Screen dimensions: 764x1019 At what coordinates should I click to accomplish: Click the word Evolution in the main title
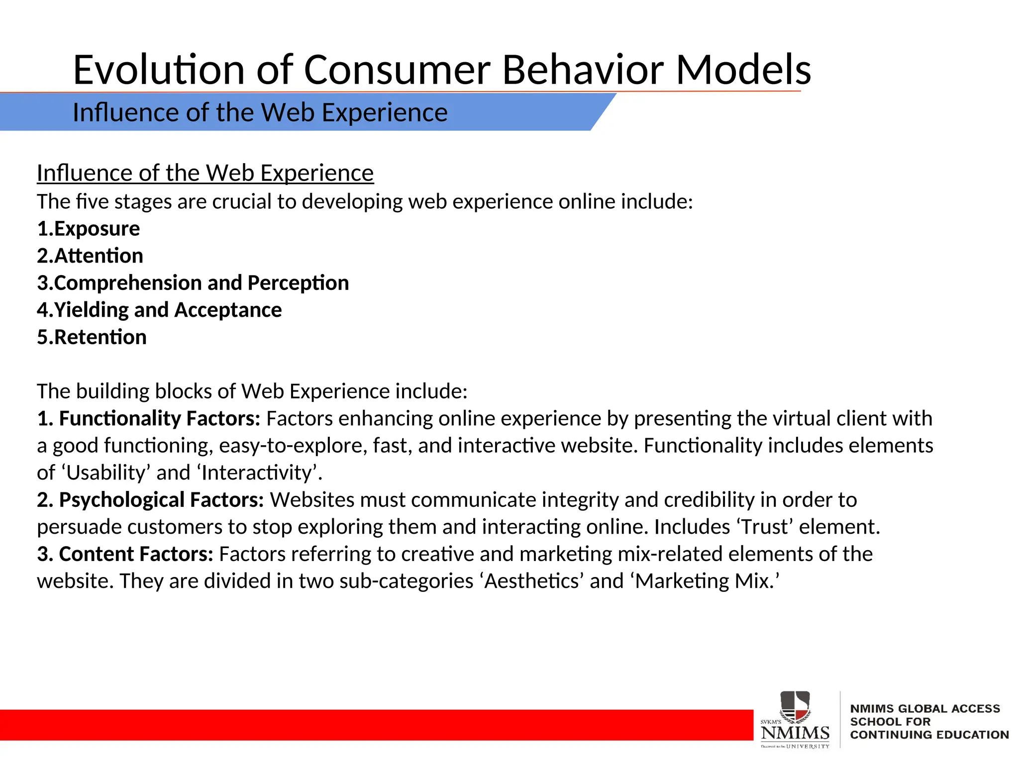158,70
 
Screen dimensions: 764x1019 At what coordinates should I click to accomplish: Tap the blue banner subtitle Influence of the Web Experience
260,112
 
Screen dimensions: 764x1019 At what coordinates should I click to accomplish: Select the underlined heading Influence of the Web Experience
205,173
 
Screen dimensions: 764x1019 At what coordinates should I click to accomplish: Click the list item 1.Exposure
89,229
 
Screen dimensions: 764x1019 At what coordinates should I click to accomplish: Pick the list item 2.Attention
90,256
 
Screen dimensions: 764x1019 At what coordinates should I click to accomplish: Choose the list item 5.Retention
92,337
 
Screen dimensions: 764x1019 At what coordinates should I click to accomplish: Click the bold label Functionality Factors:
159,418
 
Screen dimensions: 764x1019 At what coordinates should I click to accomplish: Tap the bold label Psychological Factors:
161,500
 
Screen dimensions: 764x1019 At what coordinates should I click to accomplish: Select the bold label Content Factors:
136,554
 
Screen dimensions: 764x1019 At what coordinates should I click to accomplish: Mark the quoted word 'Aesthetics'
532,581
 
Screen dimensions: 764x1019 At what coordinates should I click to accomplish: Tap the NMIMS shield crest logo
795,706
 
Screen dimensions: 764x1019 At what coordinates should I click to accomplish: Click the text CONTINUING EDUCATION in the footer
929,735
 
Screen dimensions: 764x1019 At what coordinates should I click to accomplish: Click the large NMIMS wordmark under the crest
795,733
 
